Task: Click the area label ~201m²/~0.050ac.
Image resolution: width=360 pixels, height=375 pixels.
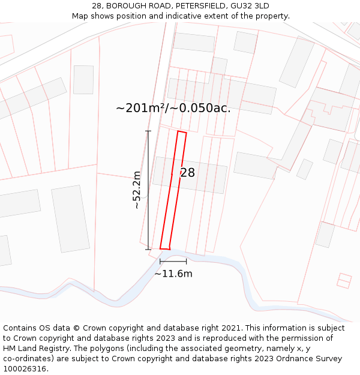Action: pyautogui.click(x=173, y=108)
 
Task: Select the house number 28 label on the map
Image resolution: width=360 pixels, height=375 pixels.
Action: pyautogui.click(x=187, y=173)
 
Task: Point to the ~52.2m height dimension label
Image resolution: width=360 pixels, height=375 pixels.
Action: pyautogui.click(x=137, y=190)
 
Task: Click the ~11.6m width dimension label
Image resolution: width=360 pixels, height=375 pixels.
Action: pyautogui.click(x=173, y=274)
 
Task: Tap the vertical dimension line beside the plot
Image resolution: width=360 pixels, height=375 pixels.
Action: pyautogui.click(x=148, y=190)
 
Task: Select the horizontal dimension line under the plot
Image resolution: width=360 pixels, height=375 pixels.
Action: pyautogui.click(x=173, y=261)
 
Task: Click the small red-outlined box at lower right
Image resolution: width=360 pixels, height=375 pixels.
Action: pyautogui.click(x=344, y=280)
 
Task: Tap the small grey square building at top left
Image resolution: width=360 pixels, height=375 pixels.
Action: pyautogui.click(x=83, y=79)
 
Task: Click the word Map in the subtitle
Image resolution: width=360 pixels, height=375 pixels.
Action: pyautogui.click(x=81, y=16)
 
